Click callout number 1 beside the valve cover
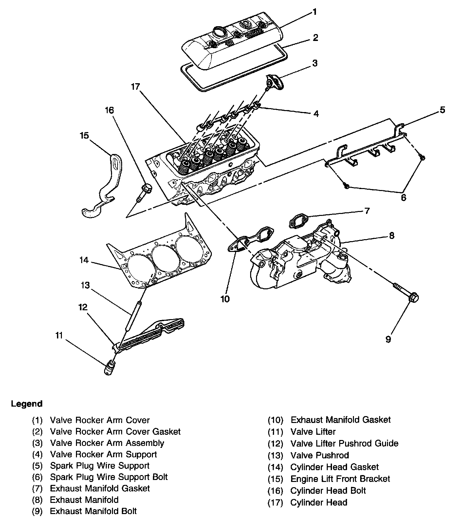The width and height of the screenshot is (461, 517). click(314, 12)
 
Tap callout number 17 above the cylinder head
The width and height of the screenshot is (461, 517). click(135, 87)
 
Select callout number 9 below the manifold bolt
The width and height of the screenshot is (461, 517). click(388, 339)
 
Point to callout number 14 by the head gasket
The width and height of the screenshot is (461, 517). click(84, 260)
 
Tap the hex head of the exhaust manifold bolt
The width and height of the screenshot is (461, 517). click(413, 297)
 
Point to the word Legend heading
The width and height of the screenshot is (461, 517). click(27, 404)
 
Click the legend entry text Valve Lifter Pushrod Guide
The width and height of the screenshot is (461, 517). click(344, 444)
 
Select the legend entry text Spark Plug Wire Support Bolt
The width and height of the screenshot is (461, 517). click(109, 477)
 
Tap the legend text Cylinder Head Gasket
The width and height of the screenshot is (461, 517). click(334, 467)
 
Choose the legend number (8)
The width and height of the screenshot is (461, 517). click(37, 500)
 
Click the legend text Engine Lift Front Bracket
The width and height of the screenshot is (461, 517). click(340, 479)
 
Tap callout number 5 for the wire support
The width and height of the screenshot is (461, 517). click(442, 110)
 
